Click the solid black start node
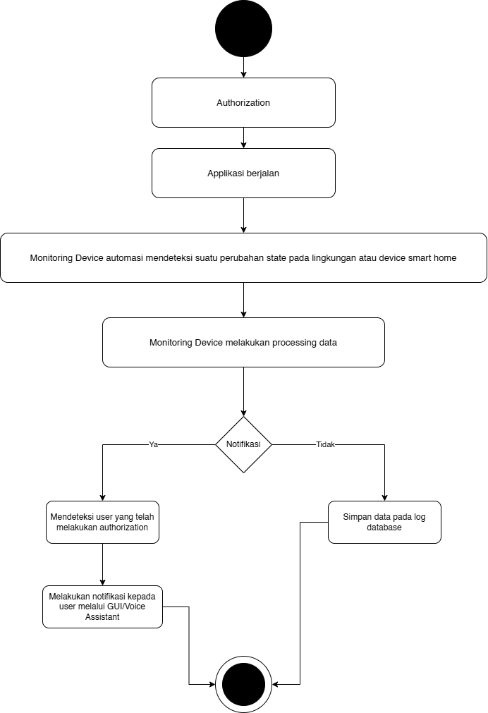[243, 29]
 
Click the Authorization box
[243, 102]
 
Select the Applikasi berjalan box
[243, 173]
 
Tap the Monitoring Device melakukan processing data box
[243, 343]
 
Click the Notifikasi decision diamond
[243, 444]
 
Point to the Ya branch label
[153, 444]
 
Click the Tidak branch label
[325, 444]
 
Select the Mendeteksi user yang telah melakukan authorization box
[102, 522]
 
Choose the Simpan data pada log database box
[384, 522]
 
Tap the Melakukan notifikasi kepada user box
[102, 607]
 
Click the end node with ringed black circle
[243, 684]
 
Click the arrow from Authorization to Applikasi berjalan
[243, 138]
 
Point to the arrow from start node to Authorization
[243, 67]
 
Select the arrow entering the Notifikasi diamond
[243, 391]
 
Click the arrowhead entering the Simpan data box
[384, 497]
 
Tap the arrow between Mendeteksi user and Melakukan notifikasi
[102, 564]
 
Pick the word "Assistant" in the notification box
[102, 617]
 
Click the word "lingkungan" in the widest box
[334, 258]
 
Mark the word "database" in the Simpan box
[384, 528]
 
